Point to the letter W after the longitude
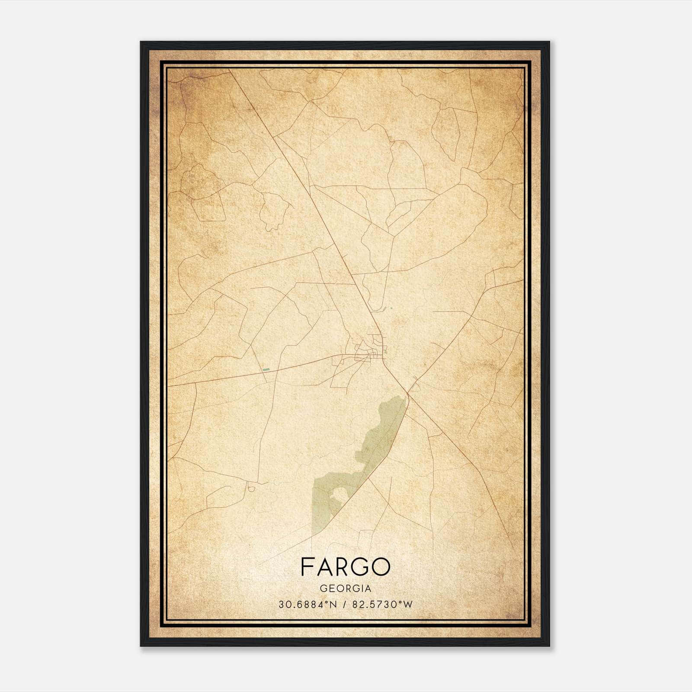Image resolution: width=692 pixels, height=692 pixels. tap(408, 605)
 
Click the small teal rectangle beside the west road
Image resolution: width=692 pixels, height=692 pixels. tap(266, 370)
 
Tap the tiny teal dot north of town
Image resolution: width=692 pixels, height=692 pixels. tap(391, 308)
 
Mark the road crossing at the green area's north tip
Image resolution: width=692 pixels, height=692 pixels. tap(407, 394)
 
